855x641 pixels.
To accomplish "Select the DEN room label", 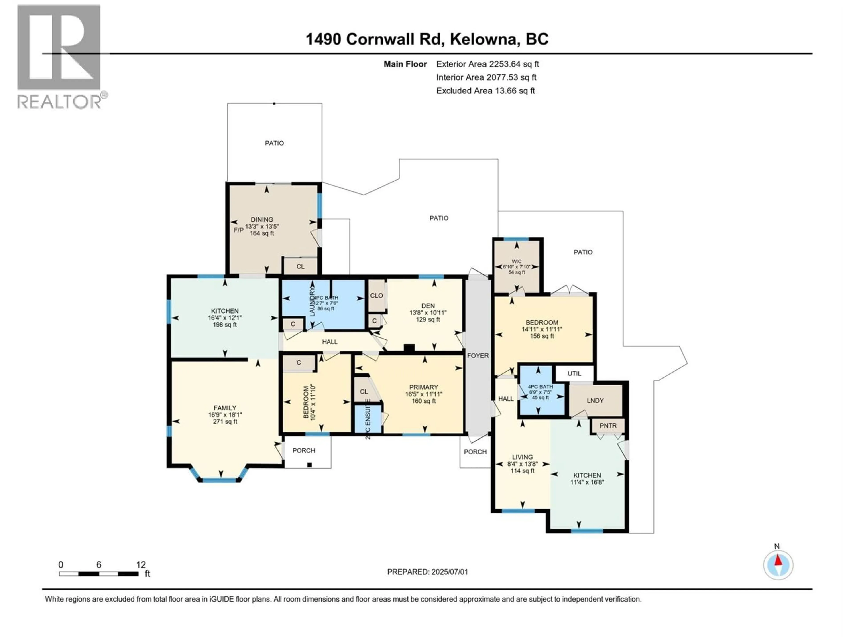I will (428, 306).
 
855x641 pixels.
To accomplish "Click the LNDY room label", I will (595, 400).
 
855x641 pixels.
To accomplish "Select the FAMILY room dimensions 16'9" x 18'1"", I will (225, 415).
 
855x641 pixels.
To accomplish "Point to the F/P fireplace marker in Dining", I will (238, 230).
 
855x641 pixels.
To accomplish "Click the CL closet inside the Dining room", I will (300, 266).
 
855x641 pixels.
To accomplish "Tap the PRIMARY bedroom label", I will (424, 387).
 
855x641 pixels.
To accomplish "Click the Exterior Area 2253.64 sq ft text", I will (487, 64).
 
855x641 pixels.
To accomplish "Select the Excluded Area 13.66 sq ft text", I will (485, 91).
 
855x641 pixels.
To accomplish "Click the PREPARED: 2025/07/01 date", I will (427, 572).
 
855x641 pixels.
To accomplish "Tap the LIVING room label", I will (522, 457).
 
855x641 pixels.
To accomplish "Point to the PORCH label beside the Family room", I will (304, 450).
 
